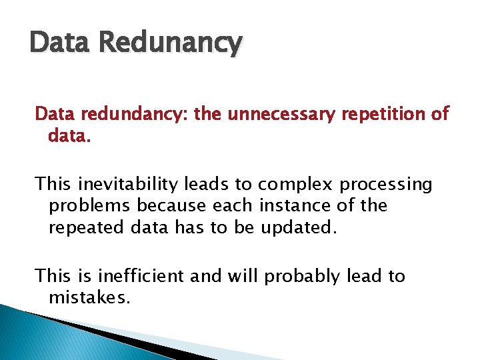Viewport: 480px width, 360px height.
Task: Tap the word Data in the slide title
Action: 63,43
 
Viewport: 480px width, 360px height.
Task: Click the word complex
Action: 295,185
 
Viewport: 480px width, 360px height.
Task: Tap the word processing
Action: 386,185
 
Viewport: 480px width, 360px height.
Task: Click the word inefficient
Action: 141,276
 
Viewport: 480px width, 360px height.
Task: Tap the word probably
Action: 298,276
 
